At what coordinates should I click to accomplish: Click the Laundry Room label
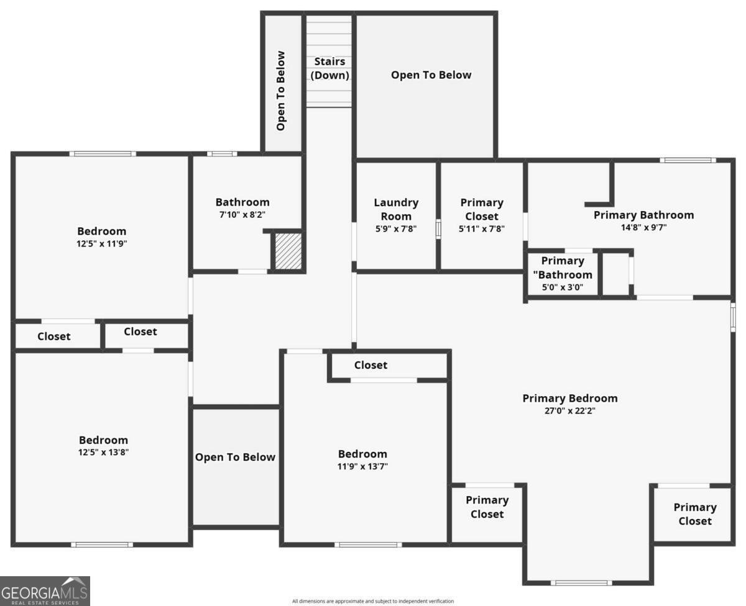[396, 209]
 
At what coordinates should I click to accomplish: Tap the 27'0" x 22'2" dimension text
[570, 410]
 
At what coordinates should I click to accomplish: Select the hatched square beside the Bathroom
[288, 251]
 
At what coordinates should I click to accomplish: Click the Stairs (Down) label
[329, 68]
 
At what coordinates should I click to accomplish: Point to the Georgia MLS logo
[45, 591]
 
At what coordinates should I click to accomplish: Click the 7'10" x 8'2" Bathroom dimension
[242, 214]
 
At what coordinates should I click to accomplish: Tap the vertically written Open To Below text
[280, 91]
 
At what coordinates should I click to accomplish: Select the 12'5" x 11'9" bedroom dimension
[101, 243]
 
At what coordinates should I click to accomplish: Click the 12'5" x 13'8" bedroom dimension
[103, 452]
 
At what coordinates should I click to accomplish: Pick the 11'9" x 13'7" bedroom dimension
[362, 466]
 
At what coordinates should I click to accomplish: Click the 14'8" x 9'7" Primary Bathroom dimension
[643, 227]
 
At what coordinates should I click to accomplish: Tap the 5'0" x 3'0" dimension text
[563, 287]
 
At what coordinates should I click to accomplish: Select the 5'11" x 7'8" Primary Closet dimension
[482, 228]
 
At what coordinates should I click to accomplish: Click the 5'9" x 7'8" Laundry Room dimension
[396, 228]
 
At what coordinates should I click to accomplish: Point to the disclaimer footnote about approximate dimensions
[373, 601]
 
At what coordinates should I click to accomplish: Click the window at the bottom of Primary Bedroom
[581, 583]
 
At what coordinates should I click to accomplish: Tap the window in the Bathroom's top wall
[222, 154]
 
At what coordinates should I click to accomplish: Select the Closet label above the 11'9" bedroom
[371, 365]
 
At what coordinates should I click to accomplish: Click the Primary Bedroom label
[570, 398]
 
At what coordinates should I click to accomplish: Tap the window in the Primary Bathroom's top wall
[688, 160]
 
